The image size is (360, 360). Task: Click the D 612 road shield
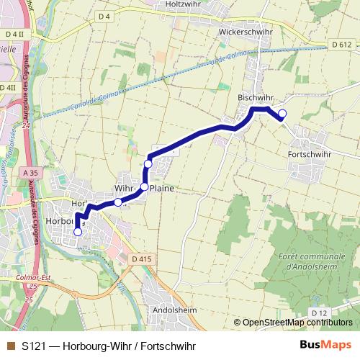(342, 44)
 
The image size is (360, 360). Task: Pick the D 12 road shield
(319, 312)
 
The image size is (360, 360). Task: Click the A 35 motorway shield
(30, 173)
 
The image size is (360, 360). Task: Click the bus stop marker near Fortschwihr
(282, 113)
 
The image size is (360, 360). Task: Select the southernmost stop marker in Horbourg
(78, 231)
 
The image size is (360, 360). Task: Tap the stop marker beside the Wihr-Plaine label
(144, 187)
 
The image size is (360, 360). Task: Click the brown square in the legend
(10, 346)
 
